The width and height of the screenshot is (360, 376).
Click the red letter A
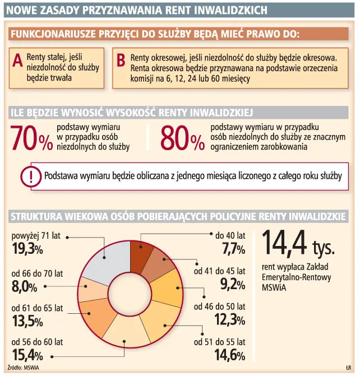point(18,60)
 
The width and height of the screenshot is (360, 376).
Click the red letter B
point(121,60)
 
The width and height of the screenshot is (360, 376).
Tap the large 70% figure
point(31,138)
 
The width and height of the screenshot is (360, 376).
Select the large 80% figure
point(183,138)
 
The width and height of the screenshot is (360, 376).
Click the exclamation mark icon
point(31,177)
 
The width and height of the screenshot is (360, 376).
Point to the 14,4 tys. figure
point(298,243)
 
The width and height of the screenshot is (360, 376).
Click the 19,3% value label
point(27,249)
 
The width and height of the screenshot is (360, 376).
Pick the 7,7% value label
point(233,249)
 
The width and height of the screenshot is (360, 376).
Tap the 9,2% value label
point(233,285)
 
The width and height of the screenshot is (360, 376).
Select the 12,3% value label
point(230,319)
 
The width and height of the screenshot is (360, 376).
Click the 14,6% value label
point(230,355)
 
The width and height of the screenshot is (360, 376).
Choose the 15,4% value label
point(27,355)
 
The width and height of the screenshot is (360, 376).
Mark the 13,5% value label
point(27,321)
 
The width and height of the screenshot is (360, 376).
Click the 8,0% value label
point(24,286)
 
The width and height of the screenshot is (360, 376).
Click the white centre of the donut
point(130,294)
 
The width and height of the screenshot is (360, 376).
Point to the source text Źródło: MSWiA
point(23,368)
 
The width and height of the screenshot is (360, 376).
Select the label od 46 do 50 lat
point(220,307)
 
